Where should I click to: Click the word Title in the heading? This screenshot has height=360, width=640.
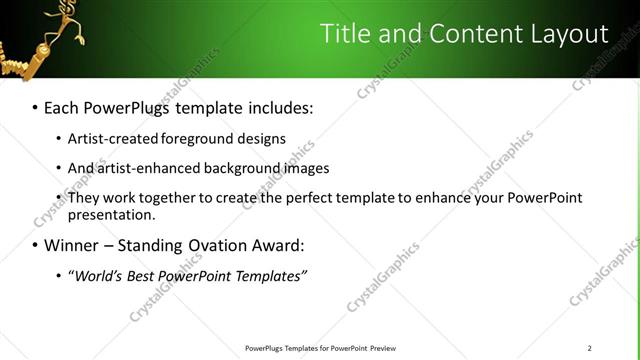pyautogui.click(x=344, y=34)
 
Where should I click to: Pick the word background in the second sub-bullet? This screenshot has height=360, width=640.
pyautogui.click(x=247, y=168)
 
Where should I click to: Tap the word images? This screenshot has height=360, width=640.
pyautogui.click(x=306, y=168)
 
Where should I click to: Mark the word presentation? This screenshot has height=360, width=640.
pyautogui.click(x=112, y=214)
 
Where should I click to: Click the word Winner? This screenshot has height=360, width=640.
pyautogui.click(x=71, y=245)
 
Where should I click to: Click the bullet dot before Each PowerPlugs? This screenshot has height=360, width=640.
pyautogui.click(x=35, y=106)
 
